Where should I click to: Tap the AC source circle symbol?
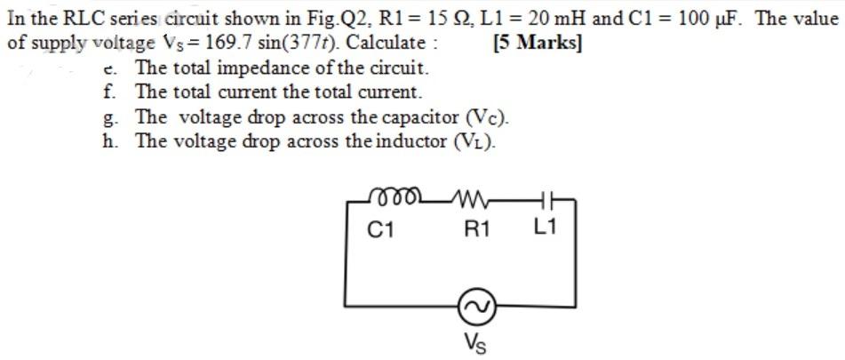coord(472,308)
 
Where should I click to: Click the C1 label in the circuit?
coord(381,229)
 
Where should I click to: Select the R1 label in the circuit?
coord(477,229)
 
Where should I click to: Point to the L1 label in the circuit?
coord(545,228)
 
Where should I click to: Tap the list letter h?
coord(108,140)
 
